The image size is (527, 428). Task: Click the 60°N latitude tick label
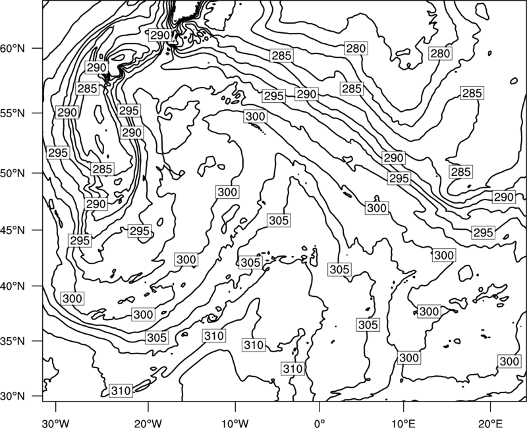tap(13, 49)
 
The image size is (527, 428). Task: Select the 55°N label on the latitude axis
tap(13, 113)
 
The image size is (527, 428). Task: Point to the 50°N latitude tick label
tap(13, 174)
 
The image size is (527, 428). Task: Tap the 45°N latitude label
tap(13, 230)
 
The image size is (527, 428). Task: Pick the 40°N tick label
tap(13, 286)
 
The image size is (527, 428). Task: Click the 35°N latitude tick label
tap(13, 341)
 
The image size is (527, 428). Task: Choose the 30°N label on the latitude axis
tap(13, 396)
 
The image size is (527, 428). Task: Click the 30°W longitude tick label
tap(56, 423)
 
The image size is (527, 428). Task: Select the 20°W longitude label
tap(148, 423)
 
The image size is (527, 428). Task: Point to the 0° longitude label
tap(319, 423)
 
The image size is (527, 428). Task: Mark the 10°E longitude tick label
tap(403, 423)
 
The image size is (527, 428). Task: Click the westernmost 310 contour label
tap(121, 390)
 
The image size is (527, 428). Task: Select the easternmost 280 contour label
tap(440, 53)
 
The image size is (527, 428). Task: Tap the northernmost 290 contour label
tap(160, 36)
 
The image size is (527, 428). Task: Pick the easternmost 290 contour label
tap(503, 197)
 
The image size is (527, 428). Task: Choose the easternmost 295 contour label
tap(483, 232)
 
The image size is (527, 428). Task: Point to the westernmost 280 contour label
tap(356, 49)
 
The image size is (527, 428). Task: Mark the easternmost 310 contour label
tap(293, 369)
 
